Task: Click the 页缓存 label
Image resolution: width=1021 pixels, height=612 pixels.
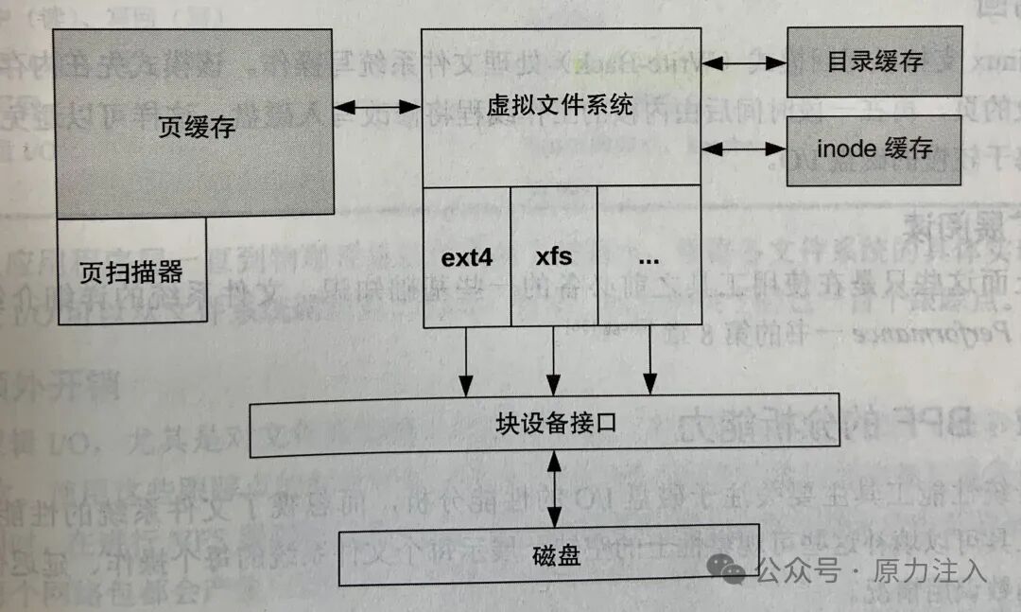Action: coord(197,127)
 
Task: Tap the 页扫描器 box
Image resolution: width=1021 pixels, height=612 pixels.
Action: coord(131,273)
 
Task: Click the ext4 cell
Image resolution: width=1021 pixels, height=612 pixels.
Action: coord(467,257)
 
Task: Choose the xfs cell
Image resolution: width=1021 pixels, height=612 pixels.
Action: coord(554,257)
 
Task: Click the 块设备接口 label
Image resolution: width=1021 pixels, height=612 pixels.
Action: coord(557,423)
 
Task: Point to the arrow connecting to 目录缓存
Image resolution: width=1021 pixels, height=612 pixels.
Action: coord(744,63)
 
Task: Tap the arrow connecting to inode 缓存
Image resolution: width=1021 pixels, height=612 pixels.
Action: coord(744,149)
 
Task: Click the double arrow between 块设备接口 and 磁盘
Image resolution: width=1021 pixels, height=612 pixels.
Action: coord(556,489)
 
